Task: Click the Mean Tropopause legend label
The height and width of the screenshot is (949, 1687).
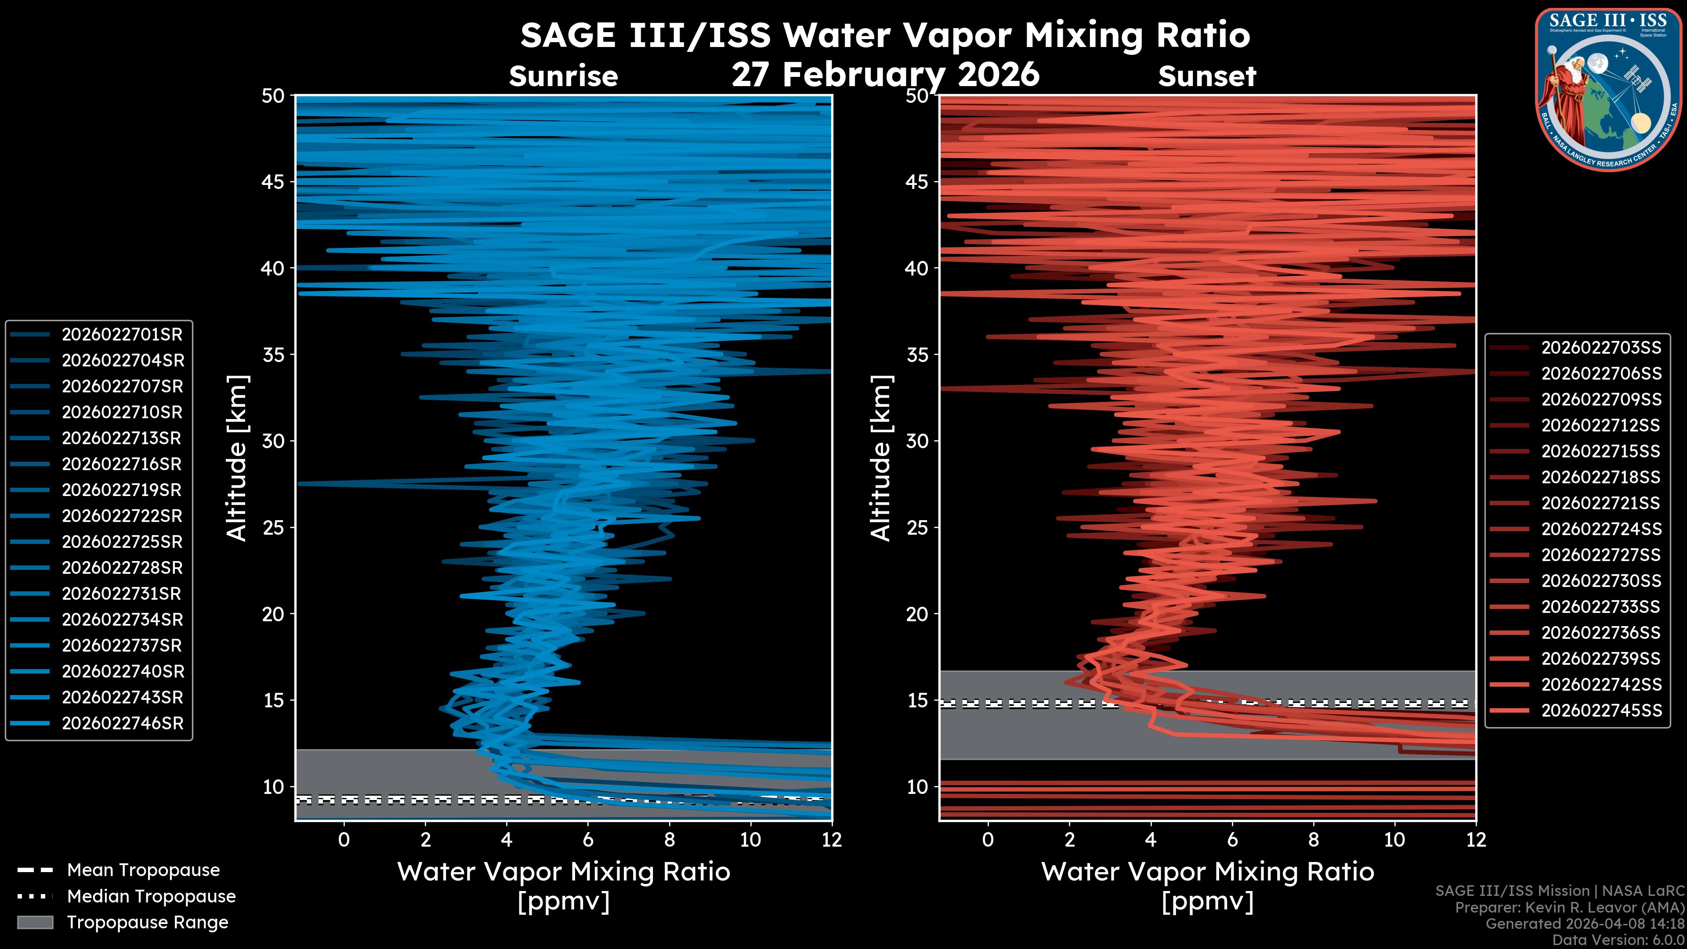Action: [143, 870]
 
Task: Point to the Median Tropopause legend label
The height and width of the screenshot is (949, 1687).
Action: [151, 897]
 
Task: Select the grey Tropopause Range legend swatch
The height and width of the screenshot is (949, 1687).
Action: [35, 923]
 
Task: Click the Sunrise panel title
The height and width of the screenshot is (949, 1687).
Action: [563, 76]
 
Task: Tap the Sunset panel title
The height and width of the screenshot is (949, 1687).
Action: [1207, 76]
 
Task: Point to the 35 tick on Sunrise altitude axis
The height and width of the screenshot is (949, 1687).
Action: [273, 355]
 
